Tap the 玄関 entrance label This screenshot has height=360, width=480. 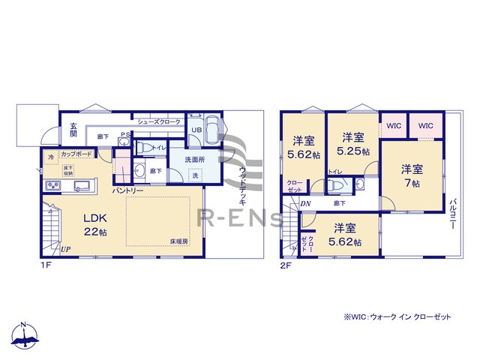[73, 130]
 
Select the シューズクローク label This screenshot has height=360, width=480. [159, 121]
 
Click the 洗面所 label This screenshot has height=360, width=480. [195, 160]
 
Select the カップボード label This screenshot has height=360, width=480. [77, 154]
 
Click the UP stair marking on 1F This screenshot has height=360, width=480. [66, 249]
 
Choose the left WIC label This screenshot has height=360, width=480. [392, 125]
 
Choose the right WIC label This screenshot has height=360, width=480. [425, 125]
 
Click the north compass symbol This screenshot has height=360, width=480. [24, 337]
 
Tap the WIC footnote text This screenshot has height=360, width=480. [397, 317]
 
